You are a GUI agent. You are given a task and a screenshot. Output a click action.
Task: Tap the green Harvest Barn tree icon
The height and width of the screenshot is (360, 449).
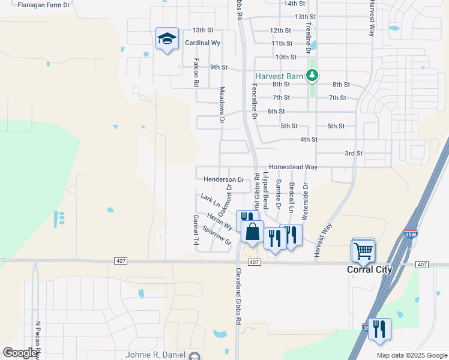312,76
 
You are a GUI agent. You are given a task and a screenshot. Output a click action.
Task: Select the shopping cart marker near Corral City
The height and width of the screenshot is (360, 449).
363,250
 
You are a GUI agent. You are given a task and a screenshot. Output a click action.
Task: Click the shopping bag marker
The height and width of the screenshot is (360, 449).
253,232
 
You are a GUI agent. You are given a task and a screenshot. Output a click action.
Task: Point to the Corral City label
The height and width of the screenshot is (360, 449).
370,270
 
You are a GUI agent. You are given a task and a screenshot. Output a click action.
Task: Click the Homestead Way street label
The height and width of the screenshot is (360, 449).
293,167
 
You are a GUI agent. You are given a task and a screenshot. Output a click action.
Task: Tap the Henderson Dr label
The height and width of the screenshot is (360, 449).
224,179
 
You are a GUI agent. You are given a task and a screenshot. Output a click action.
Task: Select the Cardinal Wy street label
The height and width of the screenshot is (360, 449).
203,43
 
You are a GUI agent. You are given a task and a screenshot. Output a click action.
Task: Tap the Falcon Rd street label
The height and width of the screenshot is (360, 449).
196,73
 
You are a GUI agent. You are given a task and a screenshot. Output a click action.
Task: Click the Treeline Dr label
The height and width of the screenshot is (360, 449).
307,37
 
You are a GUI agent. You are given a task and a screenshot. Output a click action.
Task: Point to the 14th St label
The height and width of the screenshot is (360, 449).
295,4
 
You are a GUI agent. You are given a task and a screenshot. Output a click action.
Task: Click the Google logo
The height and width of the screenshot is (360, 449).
19,353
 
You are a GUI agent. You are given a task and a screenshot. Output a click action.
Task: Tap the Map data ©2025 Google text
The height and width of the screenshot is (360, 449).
411,355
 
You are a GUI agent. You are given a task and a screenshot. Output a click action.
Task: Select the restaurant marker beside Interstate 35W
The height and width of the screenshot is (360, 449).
379,329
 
